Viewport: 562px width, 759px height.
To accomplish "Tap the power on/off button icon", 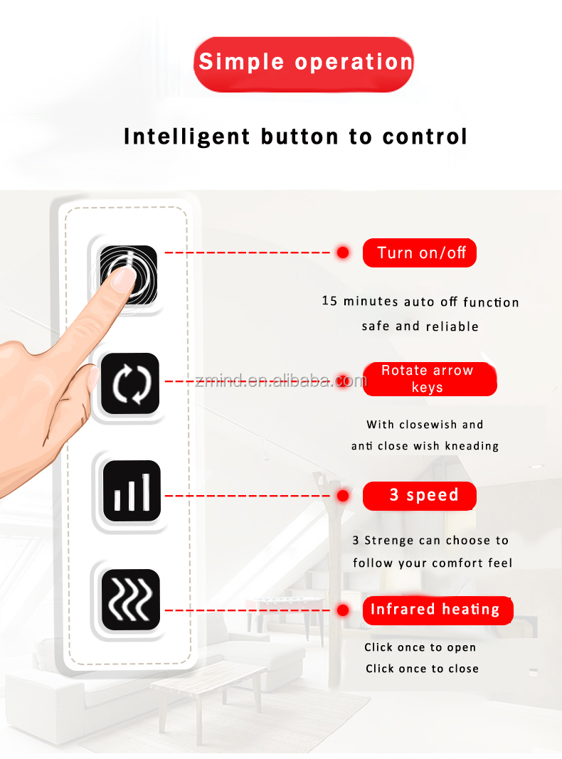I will click(x=129, y=275).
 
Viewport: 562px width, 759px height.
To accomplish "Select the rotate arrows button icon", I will click(x=129, y=383).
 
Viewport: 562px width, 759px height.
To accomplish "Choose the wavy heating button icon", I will click(x=130, y=599).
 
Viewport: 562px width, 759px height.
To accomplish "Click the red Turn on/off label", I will click(x=420, y=253).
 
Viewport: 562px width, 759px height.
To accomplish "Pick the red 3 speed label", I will click(x=420, y=496).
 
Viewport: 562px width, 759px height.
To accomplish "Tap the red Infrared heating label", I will click(x=435, y=610).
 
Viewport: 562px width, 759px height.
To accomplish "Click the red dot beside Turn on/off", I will click(x=343, y=253).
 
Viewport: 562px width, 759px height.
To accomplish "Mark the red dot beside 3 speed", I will click(x=343, y=496).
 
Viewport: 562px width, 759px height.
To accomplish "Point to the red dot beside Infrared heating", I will click(x=343, y=610).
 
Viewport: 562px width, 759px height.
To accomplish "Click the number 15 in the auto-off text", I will click(x=329, y=302).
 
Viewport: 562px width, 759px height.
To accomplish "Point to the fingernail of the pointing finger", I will click(x=124, y=280).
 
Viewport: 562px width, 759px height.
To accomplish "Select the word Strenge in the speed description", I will click(x=389, y=541).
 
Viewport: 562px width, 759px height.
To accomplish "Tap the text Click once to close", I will click(x=422, y=669).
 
